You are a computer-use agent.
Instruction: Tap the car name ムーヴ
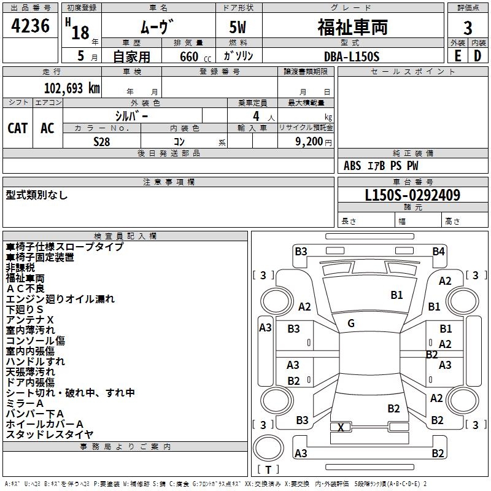(x=158, y=27)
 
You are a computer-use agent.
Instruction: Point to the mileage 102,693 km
(x=72, y=88)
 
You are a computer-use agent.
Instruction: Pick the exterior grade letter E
(x=457, y=56)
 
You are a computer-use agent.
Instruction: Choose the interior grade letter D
(x=478, y=56)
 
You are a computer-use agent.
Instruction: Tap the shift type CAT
(x=18, y=128)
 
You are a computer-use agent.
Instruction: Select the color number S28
(x=102, y=141)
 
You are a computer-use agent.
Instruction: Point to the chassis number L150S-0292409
(x=412, y=196)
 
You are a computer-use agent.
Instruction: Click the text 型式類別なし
(x=37, y=195)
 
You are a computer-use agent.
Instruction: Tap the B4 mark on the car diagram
(x=438, y=251)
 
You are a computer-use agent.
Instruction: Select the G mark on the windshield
(x=351, y=323)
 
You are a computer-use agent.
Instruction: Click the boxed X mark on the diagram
(x=341, y=427)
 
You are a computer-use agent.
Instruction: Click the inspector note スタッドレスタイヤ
(x=49, y=435)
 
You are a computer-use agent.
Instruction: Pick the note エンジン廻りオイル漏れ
(x=60, y=300)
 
